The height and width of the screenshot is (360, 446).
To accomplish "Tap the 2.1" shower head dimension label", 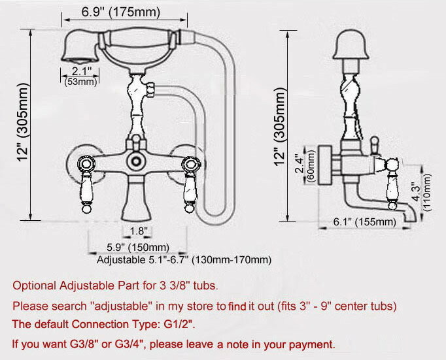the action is [x=82, y=71].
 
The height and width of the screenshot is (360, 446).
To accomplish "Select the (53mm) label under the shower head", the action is [x=80, y=82].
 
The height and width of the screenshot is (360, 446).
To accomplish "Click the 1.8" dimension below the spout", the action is [x=139, y=231].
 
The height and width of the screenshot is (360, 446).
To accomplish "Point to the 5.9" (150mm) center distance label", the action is [x=138, y=247].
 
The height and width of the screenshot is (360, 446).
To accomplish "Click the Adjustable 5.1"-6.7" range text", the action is [x=183, y=260].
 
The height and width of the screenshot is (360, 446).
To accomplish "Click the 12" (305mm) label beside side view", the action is [x=281, y=123].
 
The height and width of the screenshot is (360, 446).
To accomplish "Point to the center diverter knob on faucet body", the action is [x=136, y=161].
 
